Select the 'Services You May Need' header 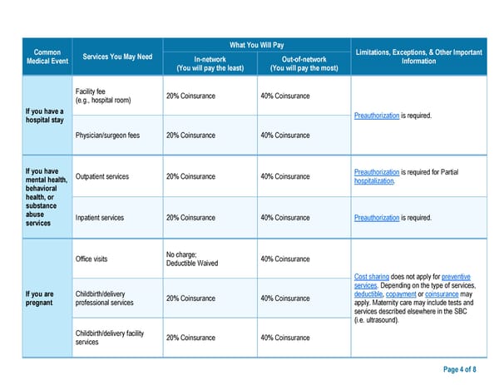click(117, 57)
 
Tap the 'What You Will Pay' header click(256, 44)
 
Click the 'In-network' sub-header click(210, 63)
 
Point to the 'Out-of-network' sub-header click(304, 63)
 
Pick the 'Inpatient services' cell click(100, 218)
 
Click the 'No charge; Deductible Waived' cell click(192, 259)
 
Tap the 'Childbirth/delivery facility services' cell click(109, 338)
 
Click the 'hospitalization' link click(374, 181)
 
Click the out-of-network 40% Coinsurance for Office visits click(285, 259)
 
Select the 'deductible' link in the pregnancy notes click(368, 294)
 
